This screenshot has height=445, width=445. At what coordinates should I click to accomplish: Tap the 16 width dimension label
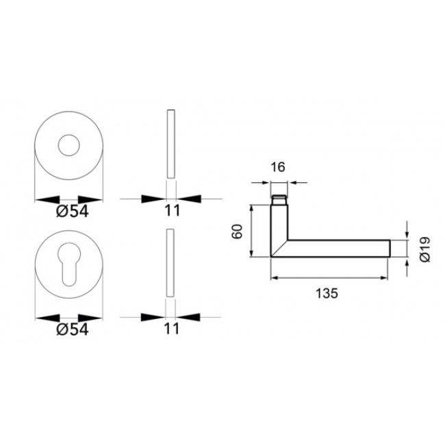tap(277, 167)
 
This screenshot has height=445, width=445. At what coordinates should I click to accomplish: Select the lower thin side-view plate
tap(171, 263)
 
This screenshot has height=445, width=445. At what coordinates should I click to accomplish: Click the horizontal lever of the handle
tap(339, 248)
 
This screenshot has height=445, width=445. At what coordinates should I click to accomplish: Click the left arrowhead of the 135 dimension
tap(276, 279)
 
